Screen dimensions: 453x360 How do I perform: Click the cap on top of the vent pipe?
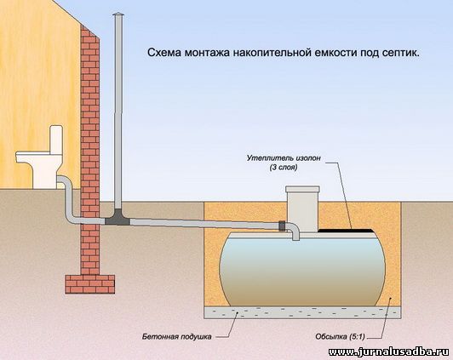[x=118, y=15]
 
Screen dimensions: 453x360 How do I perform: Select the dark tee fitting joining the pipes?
[x=118, y=218]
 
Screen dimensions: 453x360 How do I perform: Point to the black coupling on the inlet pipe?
[x=282, y=226]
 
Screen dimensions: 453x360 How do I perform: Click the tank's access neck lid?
[x=302, y=189]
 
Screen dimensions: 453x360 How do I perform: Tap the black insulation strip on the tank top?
[x=345, y=231]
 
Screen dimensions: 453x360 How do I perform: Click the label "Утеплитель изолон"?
[x=284, y=158]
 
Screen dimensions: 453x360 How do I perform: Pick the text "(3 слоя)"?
[x=284, y=167]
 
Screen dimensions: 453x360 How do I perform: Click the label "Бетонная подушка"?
[x=176, y=337]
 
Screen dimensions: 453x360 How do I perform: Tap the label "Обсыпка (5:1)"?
[x=340, y=336]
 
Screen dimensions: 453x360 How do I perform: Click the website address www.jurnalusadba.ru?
[x=390, y=351]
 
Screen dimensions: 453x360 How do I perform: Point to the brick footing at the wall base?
[x=90, y=284]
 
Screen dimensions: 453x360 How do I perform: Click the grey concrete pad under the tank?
[x=302, y=312]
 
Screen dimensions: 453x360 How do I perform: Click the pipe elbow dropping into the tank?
[x=294, y=231]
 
